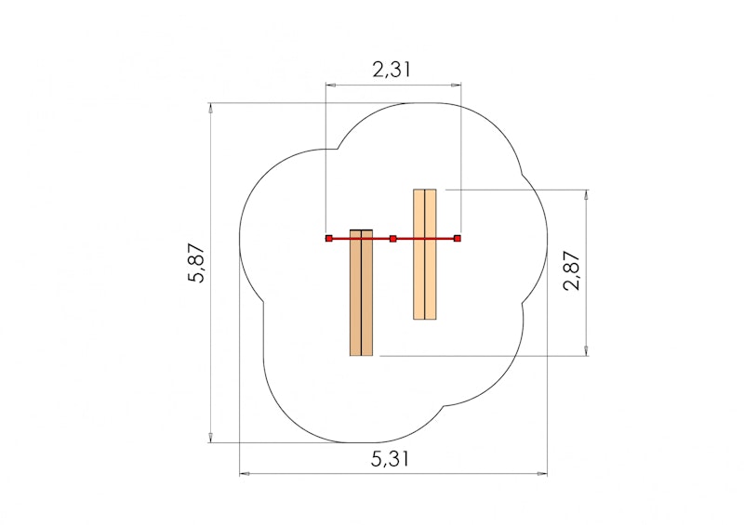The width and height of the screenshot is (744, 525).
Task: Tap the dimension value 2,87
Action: click(x=571, y=271)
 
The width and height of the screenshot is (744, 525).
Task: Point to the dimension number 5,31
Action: click(x=392, y=458)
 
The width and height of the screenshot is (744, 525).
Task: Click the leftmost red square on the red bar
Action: click(x=328, y=239)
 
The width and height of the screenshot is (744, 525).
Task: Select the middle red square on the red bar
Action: click(x=392, y=239)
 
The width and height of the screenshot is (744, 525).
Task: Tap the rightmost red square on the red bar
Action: click(x=458, y=239)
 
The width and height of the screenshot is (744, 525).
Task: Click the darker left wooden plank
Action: click(x=361, y=297)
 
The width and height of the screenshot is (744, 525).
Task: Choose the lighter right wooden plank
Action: click(x=425, y=269)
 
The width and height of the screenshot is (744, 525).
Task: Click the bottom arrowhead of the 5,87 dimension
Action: click(x=211, y=438)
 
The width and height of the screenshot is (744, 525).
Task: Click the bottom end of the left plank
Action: click(x=361, y=353)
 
